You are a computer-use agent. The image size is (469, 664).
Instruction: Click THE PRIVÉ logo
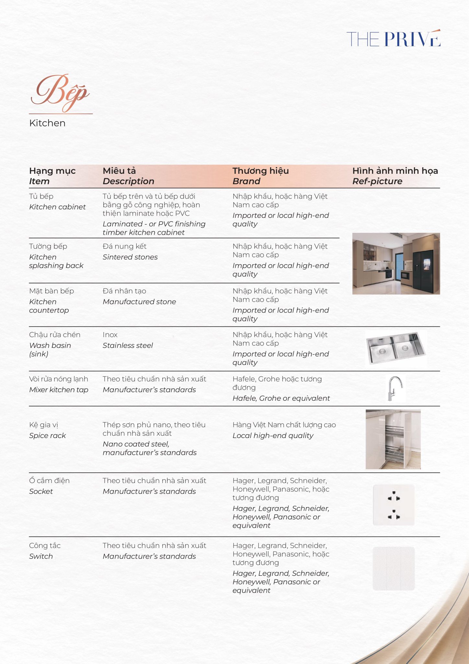393,39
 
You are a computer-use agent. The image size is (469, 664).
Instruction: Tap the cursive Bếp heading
60,93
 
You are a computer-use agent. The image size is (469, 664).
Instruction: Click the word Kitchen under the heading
47,123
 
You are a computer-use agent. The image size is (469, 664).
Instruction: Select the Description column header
128,181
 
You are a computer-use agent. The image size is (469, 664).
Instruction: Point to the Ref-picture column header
377,181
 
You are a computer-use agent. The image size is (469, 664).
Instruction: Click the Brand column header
246,181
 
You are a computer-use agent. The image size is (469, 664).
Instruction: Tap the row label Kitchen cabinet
57,207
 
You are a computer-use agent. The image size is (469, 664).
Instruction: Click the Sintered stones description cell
130,257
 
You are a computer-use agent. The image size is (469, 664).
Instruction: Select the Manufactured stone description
139,302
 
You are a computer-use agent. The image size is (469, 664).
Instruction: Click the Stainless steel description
128,346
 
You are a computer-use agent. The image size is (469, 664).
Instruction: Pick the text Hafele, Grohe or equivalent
281,398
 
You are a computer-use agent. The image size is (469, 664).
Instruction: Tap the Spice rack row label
47,435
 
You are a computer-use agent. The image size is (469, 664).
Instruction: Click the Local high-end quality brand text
273,435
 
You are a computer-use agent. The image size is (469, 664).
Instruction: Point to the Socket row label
41,491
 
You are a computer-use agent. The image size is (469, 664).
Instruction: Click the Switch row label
41,556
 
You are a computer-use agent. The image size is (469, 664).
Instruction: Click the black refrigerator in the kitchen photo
423,269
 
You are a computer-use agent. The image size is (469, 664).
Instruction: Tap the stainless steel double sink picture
396,348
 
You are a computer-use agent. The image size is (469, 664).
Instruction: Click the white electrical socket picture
394,505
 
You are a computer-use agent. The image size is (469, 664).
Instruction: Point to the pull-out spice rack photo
393,439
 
